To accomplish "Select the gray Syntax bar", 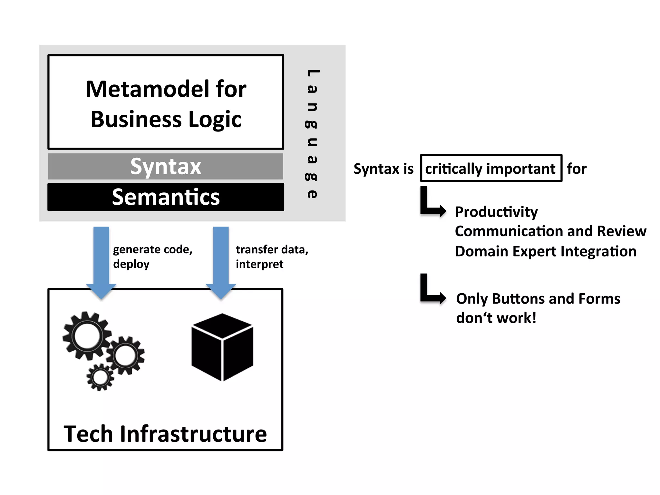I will coord(166,167).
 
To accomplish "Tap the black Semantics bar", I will coord(166,197).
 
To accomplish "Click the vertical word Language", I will coord(312,134).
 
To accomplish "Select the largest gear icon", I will coord(86,336).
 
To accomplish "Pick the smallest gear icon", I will coord(100,377).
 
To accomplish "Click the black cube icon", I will coord(222,347).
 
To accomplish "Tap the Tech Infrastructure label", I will coord(165,434).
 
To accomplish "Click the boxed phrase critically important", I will coord(491,169).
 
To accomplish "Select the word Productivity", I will coord(496,212).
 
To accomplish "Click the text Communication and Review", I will coord(550,231).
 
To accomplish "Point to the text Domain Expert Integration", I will coord(545,251).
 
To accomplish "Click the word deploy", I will coord(131,264).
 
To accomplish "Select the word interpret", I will coord(259,264).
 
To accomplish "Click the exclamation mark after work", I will coord(534,318).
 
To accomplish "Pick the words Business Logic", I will coord(166,120).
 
